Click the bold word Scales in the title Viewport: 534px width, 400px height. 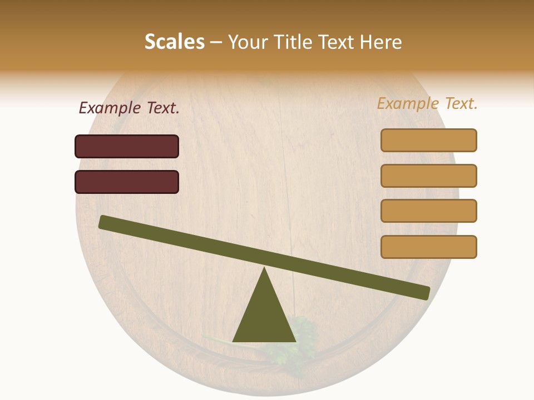tap(174, 42)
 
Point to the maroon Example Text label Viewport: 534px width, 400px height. tap(129, 108)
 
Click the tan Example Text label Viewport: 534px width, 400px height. tap(427, 103)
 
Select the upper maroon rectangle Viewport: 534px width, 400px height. tap(127, 146)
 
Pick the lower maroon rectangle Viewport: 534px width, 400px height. tap(127, 182)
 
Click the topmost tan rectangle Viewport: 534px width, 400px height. tap(429, 140)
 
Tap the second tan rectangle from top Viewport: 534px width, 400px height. tap(429, 176)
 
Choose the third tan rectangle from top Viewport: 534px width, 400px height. tap(429, 211)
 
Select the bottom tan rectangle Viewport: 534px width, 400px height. tap(429, 247)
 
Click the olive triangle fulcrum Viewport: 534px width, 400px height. tap(264, 317)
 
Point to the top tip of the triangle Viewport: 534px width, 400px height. tap(265, 268)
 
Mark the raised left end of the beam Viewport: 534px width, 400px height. tap(103, 222)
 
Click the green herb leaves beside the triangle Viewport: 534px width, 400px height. tap(303, 333)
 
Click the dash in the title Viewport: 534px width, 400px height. tap(216, 42)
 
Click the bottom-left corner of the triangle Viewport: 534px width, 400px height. tap(234, 341)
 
